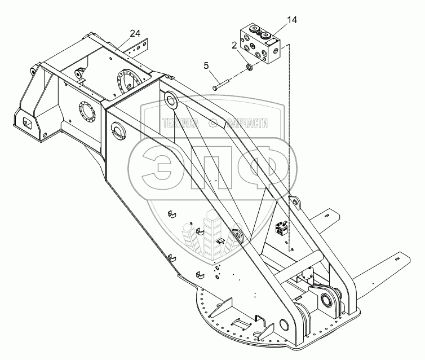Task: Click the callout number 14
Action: point(291,21)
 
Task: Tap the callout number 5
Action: point(206,66)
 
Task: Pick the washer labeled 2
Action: point(247,69)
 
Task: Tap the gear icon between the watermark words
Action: point(213,124)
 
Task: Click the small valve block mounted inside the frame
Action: point(281,228)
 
